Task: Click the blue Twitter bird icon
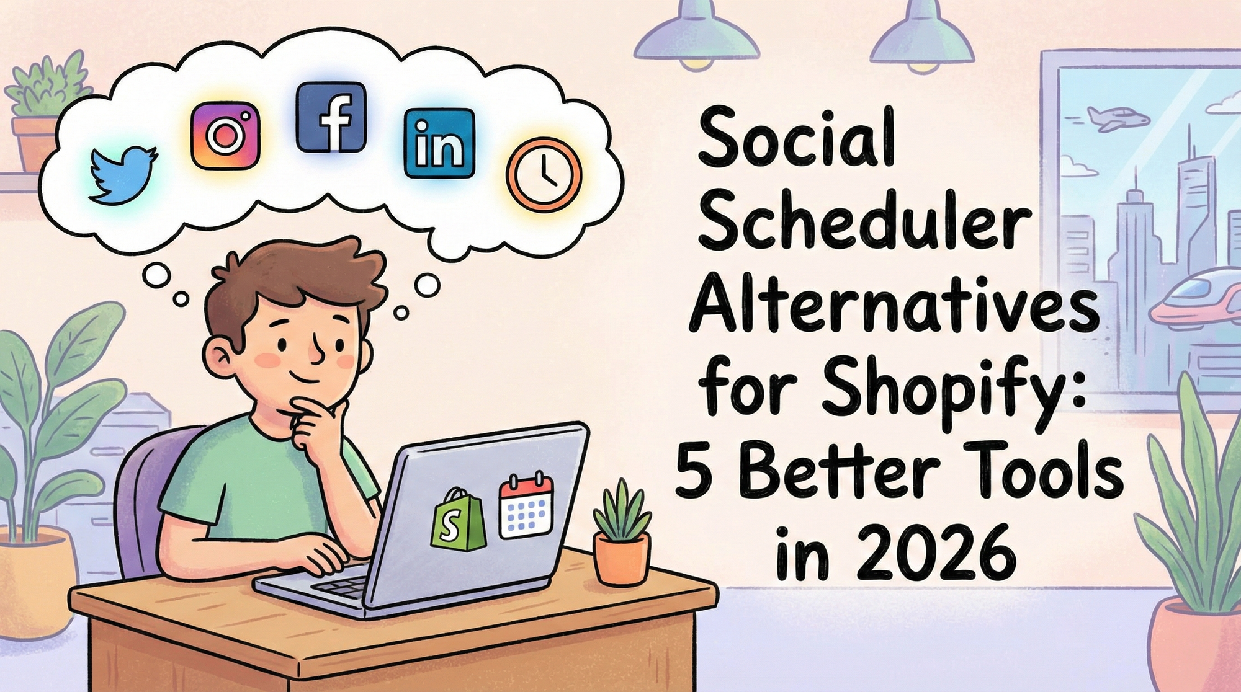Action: coord(122,175)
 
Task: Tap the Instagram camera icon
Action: coord(225,135)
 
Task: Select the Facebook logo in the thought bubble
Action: coord(331,117)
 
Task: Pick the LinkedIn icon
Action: coord(439,143)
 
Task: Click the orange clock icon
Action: coord(544,174)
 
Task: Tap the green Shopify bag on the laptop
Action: coord(459,520)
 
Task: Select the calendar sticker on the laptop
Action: coord(526,505)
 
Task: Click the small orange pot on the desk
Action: coord(621,557)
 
